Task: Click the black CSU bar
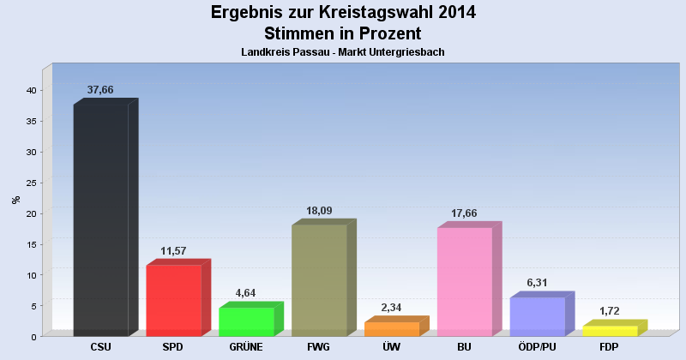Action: [101, 220]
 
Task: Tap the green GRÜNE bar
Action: [246, 321]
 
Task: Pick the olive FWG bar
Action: [319, 280]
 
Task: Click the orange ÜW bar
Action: [392, 328]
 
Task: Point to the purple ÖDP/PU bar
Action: [538, 316]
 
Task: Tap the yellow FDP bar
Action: [611, 331]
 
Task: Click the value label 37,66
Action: [101, 89]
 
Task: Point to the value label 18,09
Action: [320, 210]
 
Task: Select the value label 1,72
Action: [611, 311]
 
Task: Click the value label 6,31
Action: [539, 282]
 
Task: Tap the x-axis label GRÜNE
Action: [246, 347]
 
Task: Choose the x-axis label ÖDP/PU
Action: [538, 347]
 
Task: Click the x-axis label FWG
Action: [319, 347]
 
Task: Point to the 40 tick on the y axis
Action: [30, 90]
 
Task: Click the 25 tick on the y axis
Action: [30, 183]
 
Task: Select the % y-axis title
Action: [15, 200]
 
